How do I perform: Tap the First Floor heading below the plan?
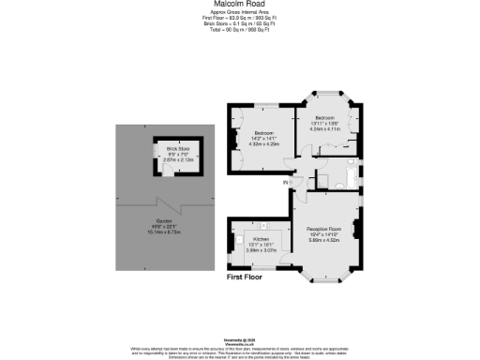click(250, 277)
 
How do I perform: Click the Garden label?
click(164, 221)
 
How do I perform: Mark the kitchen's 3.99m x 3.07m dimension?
click(262, 250)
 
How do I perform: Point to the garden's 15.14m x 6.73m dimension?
click(164, 232)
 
